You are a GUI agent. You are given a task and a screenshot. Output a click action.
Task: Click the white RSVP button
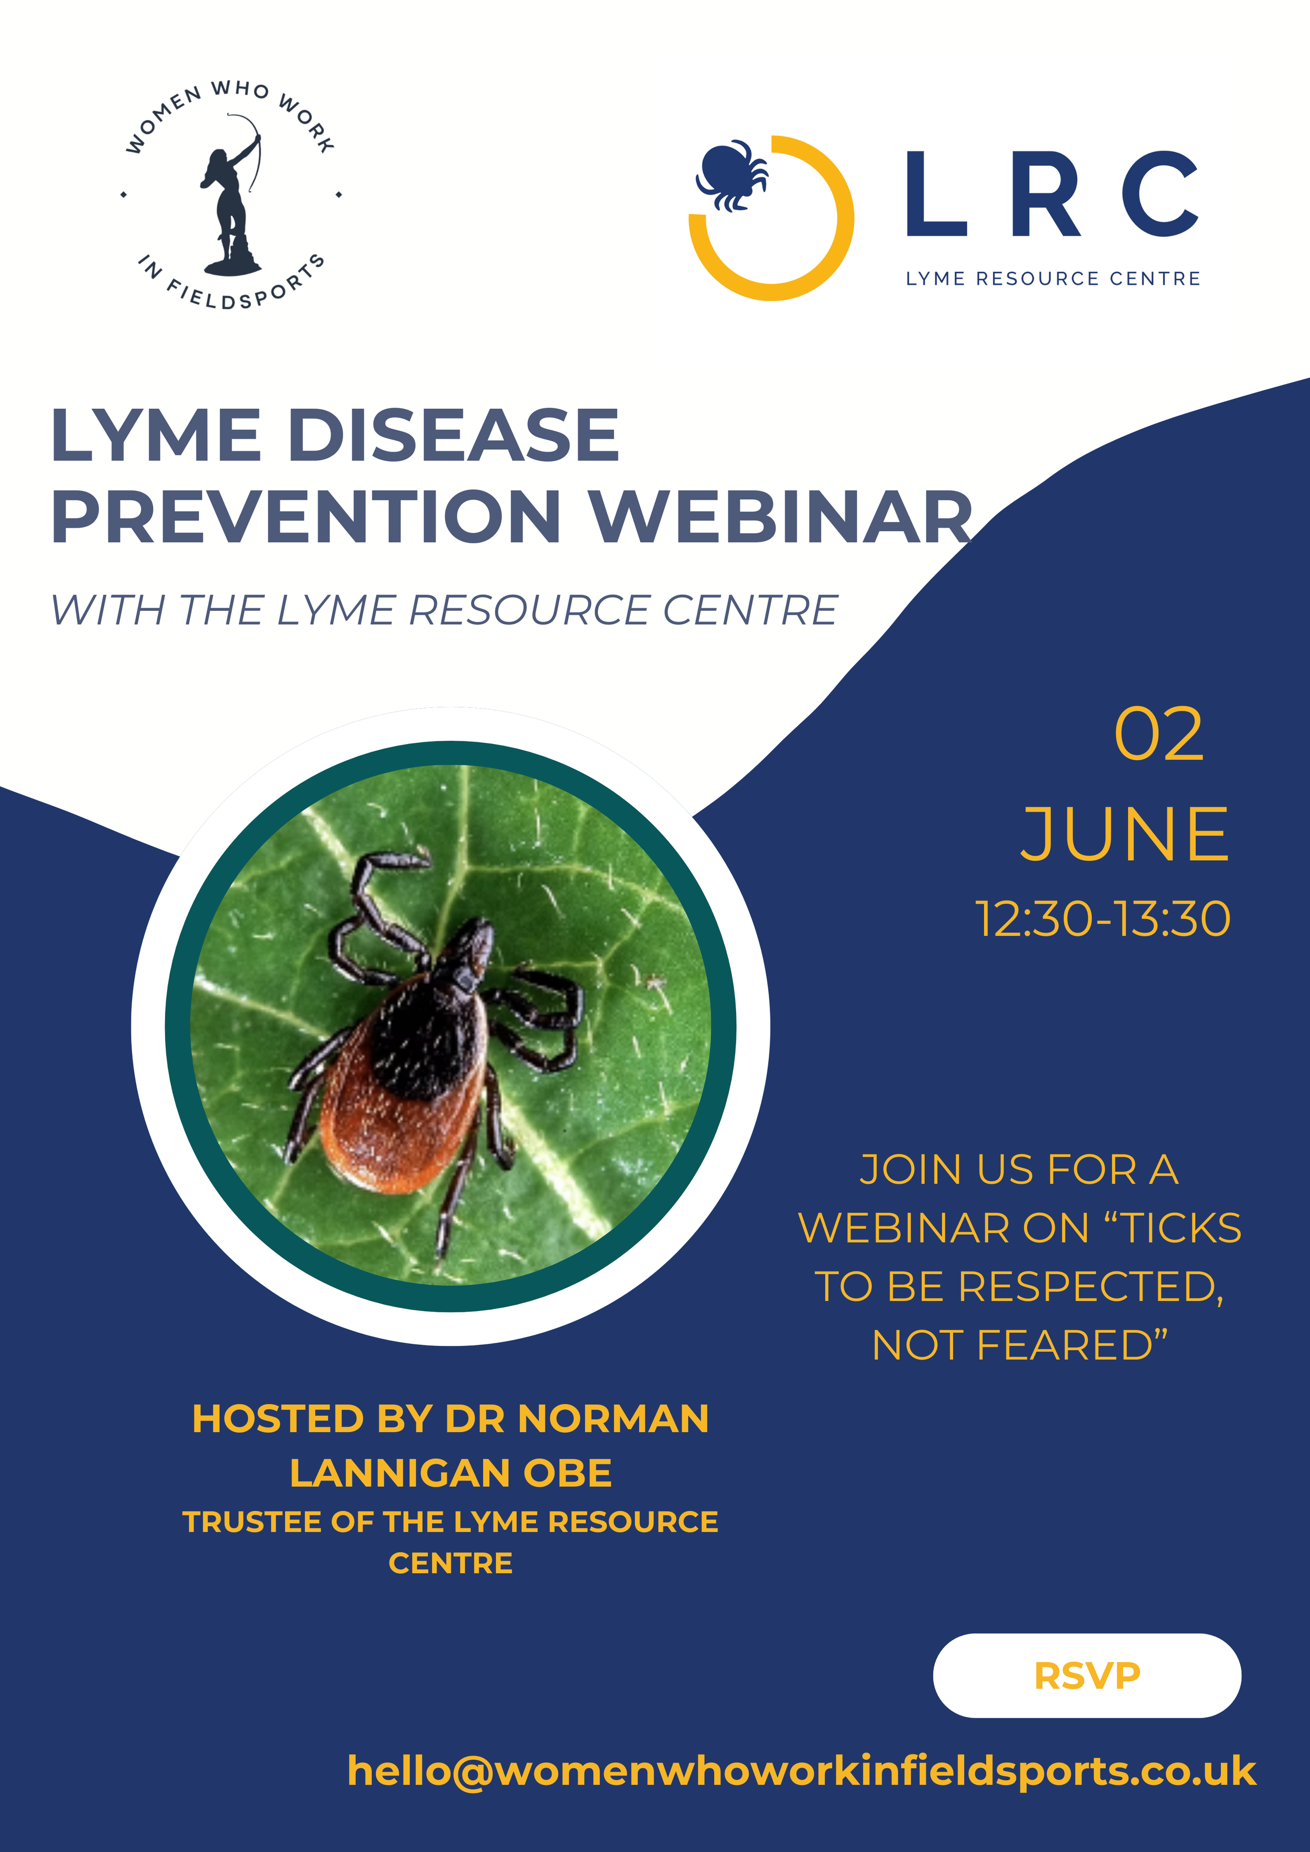pos(1087,1675)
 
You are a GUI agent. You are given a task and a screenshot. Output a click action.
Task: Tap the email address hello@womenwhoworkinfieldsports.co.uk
pos(801,1771)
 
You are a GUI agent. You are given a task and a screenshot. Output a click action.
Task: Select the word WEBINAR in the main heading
pos(781,517)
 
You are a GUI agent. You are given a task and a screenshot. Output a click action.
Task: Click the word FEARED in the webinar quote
pos(1073,1345)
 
